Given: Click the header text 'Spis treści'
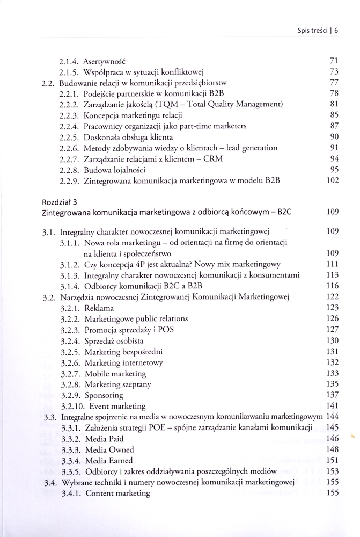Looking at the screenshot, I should click(x=309, y=30).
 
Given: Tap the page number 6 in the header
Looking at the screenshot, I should click(x=336, y=30).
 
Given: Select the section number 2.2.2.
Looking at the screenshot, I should click(x=70, y=104).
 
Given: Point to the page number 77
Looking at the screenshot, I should click(x=333, y=83).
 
